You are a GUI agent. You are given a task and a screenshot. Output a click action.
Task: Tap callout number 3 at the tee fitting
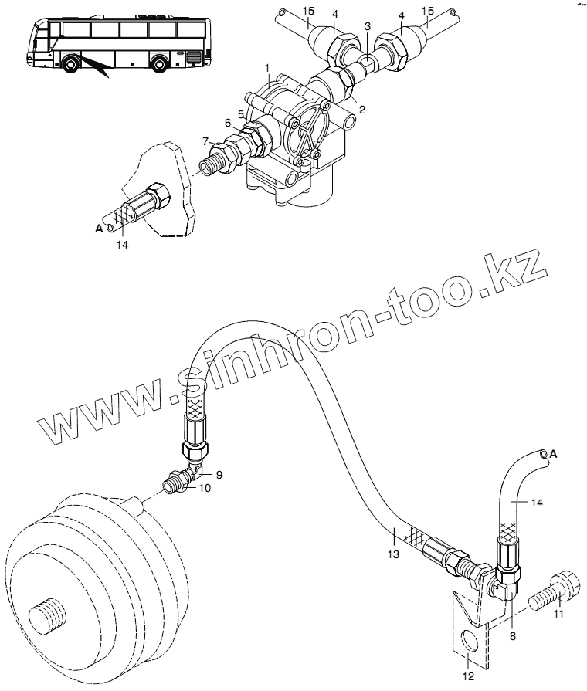tap(368, 27)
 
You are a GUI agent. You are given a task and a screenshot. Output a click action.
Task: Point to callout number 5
tap(242, 114)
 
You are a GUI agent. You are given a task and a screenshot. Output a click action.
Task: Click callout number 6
tap(228, 123)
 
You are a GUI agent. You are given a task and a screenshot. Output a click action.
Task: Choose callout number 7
tap(205, 141)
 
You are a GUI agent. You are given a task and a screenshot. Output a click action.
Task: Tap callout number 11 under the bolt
tap(558, 615)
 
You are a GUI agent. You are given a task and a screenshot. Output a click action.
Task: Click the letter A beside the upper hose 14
tap(97, 228)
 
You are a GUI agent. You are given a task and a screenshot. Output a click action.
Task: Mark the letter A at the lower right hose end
tap(552, 456)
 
